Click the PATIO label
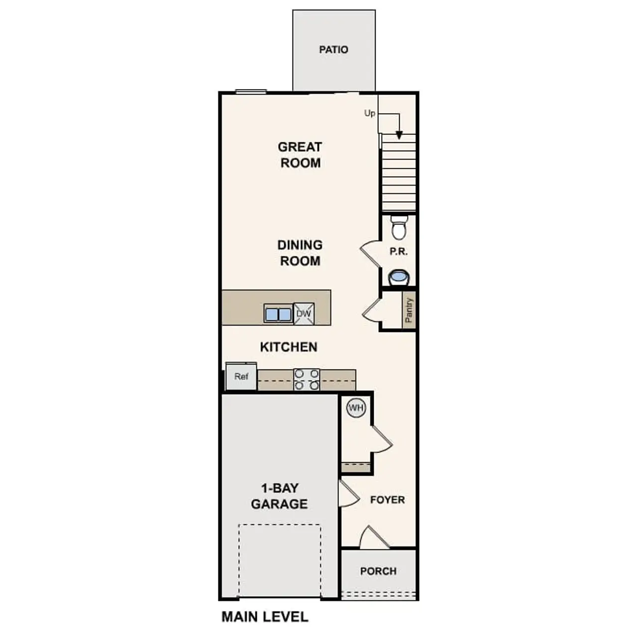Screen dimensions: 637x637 (333, 50)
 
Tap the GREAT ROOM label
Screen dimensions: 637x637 (300, 155)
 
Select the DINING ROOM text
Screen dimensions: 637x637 (300, 253)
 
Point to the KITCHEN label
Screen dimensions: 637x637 (289, 347)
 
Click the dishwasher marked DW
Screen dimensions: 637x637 (304, 314)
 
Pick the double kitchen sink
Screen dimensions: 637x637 (278, 315)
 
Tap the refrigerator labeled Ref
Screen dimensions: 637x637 (241, 377)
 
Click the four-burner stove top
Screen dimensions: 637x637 (307, 379)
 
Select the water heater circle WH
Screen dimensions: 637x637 (356, 408)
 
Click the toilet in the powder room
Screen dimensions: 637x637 (399, 227)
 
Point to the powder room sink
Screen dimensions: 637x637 (398, 277)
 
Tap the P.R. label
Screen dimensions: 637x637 (399, 252)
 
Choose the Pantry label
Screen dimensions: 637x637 (409, 311)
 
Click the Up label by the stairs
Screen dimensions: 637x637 (369, 113)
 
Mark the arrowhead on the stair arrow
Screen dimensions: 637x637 (399, 135)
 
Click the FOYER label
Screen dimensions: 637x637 (387, 500)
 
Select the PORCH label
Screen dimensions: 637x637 (378, 571)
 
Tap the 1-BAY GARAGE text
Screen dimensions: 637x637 (279, 496)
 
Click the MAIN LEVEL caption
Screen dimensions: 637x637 (265, 617)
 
